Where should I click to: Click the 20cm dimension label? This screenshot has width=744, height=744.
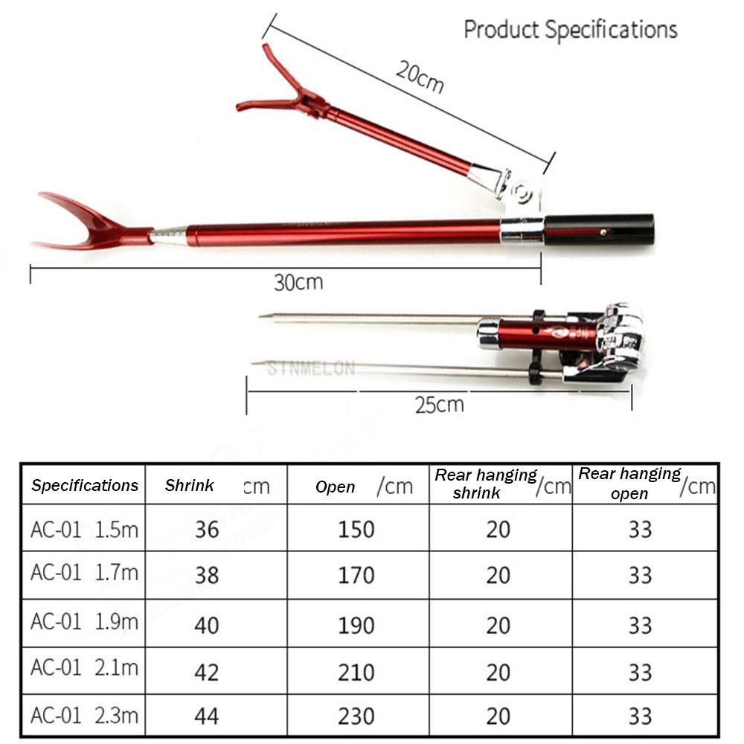[x=420, y=77]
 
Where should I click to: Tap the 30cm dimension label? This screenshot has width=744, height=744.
[x=298, y=282]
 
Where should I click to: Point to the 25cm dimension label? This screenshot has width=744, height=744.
[x=440, y=405]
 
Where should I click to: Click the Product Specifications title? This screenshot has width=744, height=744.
[x=571, y=30]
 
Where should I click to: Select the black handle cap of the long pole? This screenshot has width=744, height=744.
[x=599, y=230]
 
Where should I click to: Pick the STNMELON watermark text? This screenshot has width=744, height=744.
[x=311, y=369]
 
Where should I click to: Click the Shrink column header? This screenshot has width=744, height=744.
[x=189, y=485]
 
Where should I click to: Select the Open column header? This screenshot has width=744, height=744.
[x=335, y=487]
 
